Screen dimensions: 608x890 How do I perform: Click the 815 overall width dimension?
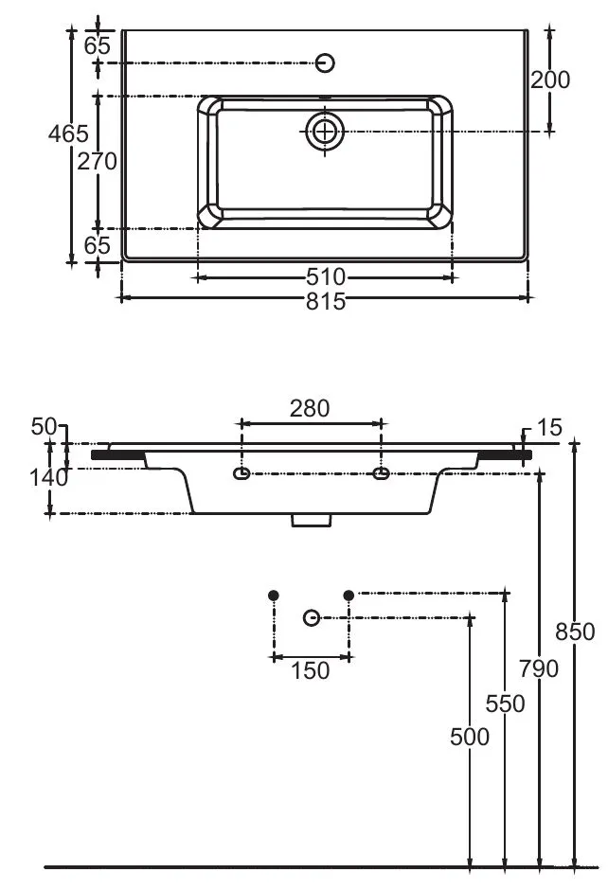click(x=325, y=301)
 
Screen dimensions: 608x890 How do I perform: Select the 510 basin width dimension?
click(x=325, y=277)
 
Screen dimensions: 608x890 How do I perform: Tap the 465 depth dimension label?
click(x=68, y=133)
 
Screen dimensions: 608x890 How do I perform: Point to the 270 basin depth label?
click(x=98, y=161)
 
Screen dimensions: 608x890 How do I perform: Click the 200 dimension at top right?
click(x=550, y=80)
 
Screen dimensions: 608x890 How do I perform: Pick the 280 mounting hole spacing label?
click(x=310, y=408)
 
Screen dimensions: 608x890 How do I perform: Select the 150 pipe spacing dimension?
click(x=310, y=671)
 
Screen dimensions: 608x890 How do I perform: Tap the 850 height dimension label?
click(x=575, y=632)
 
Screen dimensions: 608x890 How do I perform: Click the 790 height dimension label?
click(x=539, y=668)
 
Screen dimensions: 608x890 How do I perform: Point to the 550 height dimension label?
click(x=505, y=703)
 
